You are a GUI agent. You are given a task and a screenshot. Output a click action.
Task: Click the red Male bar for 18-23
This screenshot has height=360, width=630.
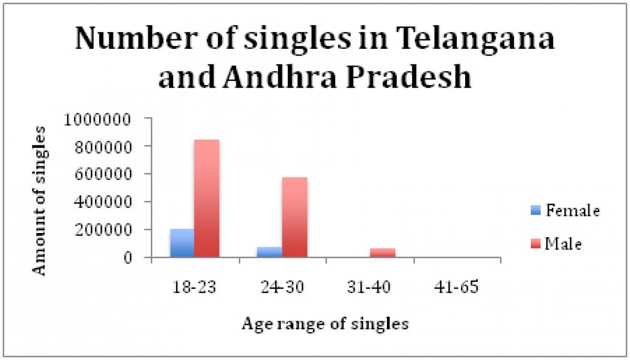click(x=206, y=198)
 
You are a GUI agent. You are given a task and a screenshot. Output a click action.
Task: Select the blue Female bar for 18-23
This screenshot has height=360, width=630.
click(x=182, y=243)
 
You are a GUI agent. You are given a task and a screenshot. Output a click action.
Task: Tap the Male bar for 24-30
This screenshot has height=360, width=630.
click(x=295, y=217)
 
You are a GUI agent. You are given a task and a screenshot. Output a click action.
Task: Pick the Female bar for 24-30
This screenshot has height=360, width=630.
click(x=269, y=252)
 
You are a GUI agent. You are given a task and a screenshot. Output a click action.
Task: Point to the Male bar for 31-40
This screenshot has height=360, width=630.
click(x=382, y=252)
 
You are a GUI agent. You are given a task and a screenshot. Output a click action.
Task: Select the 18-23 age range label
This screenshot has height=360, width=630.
click(x=194, y=289)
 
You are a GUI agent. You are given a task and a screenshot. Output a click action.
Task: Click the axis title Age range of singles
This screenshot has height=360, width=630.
click(x=325, y=324)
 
